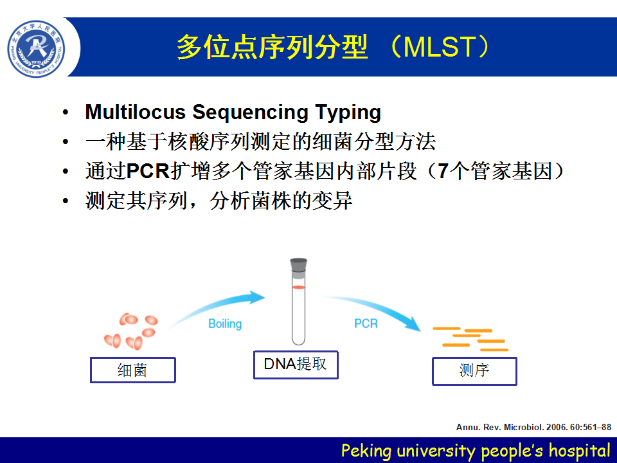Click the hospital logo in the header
[x=36, y=49]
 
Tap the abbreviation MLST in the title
[x=439, y=47]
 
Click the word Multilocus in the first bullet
[x=136, y=112]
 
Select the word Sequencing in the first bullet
[x=250, y=113]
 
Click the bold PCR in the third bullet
[x=148, y=171]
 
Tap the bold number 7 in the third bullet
[x=443, y=171]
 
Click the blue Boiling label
[x=225, y=324]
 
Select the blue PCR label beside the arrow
[x=366, y=323]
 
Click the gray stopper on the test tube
[x=299, y=265]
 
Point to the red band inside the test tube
[x=299, y=287]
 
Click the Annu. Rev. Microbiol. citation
[x=533, y=427]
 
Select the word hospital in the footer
[x=580, y=451]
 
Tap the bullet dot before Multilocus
[x=66, y=113]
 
